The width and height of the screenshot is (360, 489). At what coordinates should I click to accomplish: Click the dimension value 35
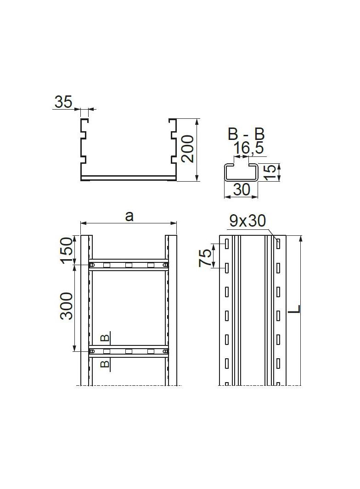[x=63, y=101]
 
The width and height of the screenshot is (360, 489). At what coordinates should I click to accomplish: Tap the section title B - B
[x=247, y=134]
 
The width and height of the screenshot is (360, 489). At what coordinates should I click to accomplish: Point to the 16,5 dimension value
[x=248, y=148]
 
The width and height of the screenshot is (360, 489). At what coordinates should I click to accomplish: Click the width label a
[x=129, y=216]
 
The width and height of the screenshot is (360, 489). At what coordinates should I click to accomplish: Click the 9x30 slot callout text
[x=248, y=221]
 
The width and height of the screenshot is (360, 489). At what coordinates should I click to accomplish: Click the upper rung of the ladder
[x=129, y=265]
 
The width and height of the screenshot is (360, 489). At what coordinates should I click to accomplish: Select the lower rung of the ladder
[x=129, y=351]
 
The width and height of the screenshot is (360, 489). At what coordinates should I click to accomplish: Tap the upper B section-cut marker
[x=105, y=339]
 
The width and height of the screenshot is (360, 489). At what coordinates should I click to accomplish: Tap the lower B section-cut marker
[x=105, y=364]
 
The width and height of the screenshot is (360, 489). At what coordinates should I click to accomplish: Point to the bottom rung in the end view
[x=129, y=178]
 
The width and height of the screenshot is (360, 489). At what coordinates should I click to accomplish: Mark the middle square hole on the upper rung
[x=129, y=265]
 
